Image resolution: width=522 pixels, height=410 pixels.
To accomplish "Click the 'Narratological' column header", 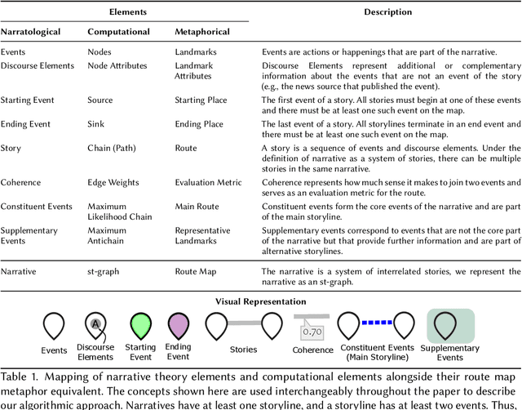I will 34,32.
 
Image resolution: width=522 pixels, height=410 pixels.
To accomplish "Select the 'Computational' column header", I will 119,32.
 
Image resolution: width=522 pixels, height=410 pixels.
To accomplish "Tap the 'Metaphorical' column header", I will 202,32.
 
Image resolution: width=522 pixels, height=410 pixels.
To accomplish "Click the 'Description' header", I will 388,11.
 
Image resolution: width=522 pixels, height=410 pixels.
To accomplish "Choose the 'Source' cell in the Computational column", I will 102,100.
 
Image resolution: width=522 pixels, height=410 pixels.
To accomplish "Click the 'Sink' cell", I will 96,125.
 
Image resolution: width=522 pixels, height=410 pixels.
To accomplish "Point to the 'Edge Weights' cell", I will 115,184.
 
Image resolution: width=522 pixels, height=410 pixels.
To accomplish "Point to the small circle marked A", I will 95,323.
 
